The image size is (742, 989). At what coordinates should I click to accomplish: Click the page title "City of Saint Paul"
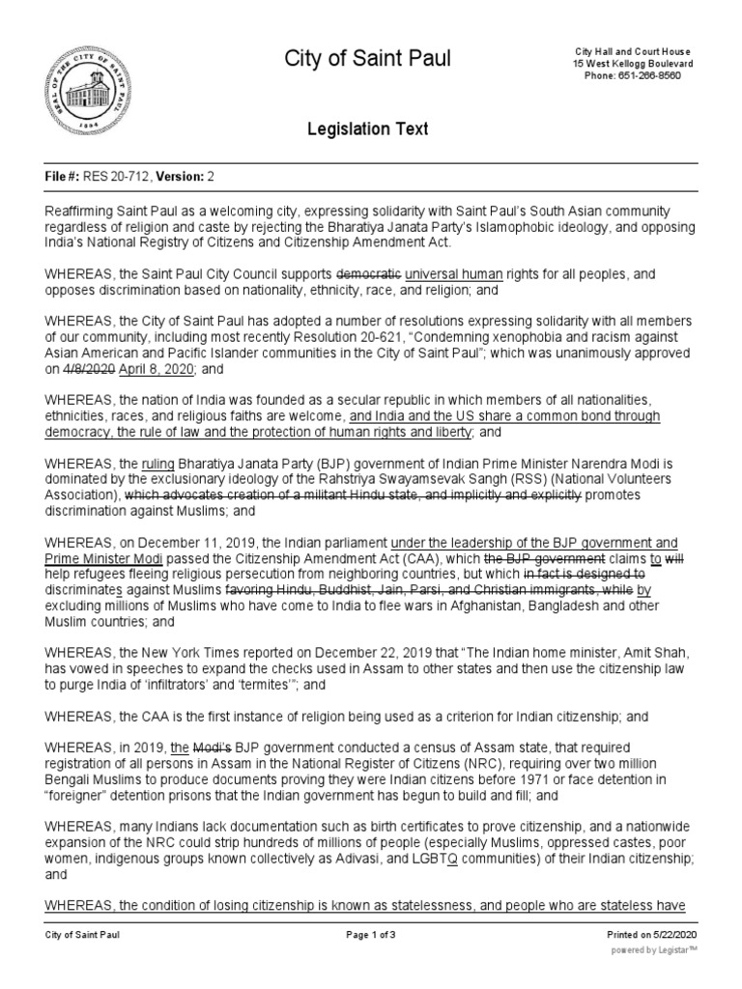pyautogui.click(x=367, y=60)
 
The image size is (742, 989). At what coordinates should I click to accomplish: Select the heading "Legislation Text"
pyautogui.click(x=367, y=128)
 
